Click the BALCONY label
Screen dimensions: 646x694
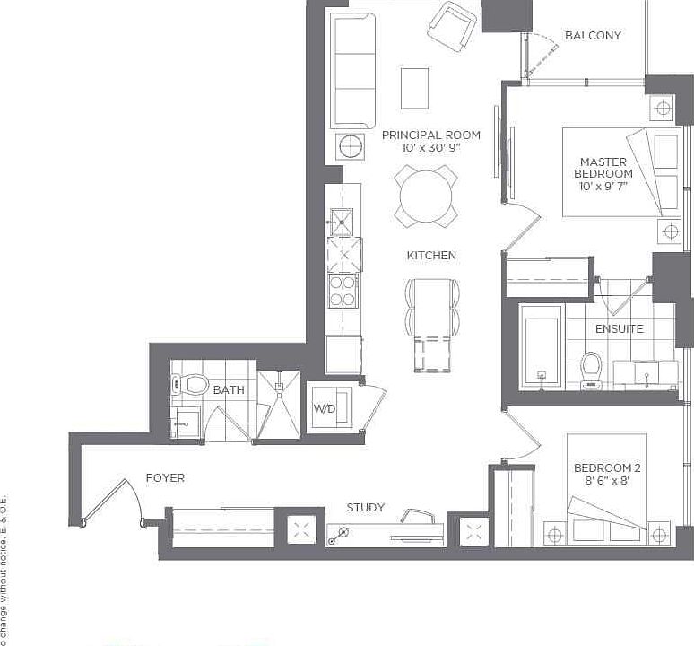click(593, 36)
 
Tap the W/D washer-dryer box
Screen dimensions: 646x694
click(324, 409)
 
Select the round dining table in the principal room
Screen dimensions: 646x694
click(426, 196)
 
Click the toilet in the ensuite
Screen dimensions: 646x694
click(591, 369)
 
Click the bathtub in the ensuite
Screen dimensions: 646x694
click(542, 346)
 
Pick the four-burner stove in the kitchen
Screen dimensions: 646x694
click(343, 289)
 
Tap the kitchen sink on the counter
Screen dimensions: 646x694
click(341, 221)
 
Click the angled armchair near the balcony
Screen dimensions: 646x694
click(452, 26)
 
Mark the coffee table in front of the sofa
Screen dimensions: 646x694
click(414, 87)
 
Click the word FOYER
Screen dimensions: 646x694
click(165, 478)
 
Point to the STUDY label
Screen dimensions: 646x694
click(365, 508)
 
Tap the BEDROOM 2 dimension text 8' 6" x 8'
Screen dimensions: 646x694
click(607, 481)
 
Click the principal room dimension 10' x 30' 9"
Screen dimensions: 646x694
click(430, 148)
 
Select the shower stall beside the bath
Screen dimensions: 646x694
click(279, 405)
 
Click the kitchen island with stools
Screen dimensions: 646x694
click(433, 324)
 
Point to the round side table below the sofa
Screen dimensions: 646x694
click(350, 145)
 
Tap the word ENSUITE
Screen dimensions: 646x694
click(619, 329)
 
